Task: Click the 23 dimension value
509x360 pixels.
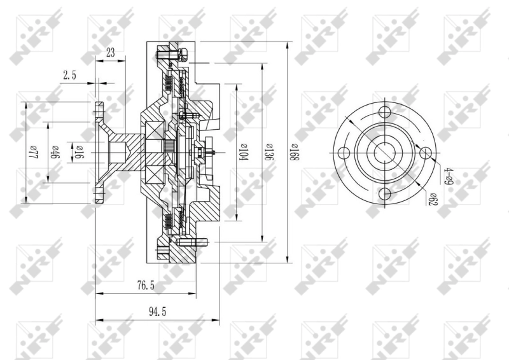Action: click(x=110, y=53)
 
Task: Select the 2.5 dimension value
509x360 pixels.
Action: click(x=69, y=75)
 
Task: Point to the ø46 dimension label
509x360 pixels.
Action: click(x=55, y=153)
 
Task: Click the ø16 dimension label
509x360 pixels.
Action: click(x=80, y=153)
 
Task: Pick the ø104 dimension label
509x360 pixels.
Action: click(x=242, y=154)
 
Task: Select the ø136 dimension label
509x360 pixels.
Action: click(x=268, y=154)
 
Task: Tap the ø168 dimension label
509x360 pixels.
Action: click(x=294, y=154)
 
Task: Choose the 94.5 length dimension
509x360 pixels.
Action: click(x=150, y=313)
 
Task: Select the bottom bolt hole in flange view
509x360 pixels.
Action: click(x=384, y=195)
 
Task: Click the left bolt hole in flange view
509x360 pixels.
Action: click(x=344, y=153)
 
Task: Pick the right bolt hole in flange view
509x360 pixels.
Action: click(x=425, y=153)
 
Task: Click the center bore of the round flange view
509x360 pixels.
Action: click(x=384, y=153)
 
